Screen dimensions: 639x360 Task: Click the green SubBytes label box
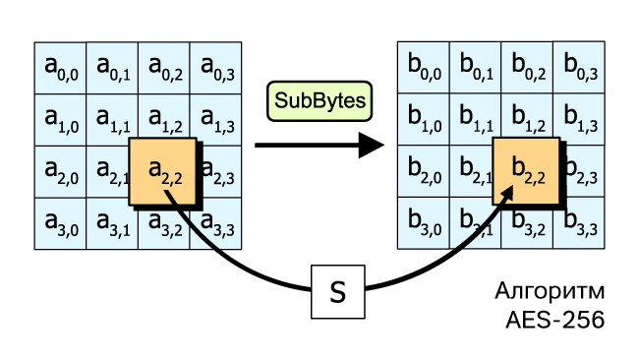tap(319, 101)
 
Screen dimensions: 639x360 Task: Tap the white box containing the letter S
tap(338, 291)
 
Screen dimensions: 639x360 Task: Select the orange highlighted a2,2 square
tap(162, 171)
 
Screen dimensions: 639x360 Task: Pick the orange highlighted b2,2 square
tap(526, 171)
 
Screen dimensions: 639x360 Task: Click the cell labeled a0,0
tap(60, 68)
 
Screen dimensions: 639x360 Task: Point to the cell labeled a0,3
tap(215, 68)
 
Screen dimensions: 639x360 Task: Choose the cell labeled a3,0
tap(60, 223)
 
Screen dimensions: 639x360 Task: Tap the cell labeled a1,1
tap(112, 120)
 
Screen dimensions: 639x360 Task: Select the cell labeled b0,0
tap(424, 67)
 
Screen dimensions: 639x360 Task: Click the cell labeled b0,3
tap(579, 67)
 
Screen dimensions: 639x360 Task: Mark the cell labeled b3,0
tap(424, 223)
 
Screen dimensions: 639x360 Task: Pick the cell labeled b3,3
tap(579, 223)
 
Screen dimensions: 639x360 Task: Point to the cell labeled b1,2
tap(527, 119)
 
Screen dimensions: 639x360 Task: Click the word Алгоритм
tap(550, 291)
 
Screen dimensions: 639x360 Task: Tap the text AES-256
tap(555, 320)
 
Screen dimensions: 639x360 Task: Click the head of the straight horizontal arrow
tap(371, 146)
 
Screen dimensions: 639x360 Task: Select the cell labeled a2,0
tap(60, 172)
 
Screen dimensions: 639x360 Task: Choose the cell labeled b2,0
tap(424, 171)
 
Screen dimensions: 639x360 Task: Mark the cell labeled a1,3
tap(215, 120)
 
